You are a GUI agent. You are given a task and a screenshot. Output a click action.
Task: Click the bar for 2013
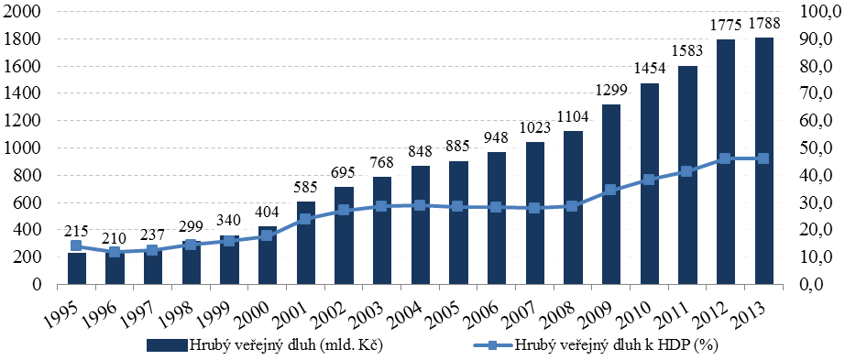coord(764,160)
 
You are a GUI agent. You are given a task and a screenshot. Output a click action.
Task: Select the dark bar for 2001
coord(306,243)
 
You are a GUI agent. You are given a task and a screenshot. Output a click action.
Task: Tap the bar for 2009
coord(611,194)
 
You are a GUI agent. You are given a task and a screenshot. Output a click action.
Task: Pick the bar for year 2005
coord(459,223)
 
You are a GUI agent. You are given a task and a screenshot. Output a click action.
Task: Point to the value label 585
coord(306,188)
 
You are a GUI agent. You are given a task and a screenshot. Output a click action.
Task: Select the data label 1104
coord(574,117)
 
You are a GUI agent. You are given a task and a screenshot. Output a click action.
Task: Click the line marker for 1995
coord(76,245)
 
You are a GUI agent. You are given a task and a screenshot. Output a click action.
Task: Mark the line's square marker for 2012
coord(726,158)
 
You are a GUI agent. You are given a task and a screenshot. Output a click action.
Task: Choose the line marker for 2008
coord(574,206)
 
